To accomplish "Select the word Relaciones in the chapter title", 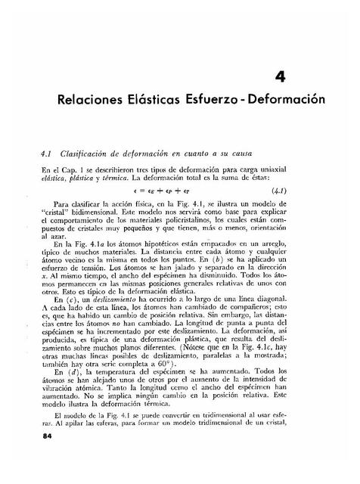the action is [x=95, y=101].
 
